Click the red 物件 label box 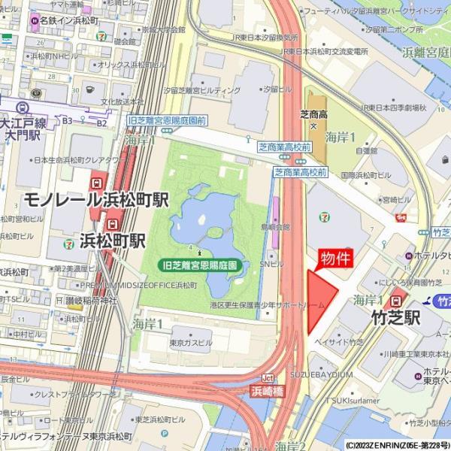[x=336, y=259]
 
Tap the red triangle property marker [x=320, y=300]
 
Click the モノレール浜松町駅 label [x=96, y=200]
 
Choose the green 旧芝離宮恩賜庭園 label [x=200, y=265]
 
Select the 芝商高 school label [x=313, y=114]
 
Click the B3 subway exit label [x=67, y=120]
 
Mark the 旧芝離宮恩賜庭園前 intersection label [x=167, y=120]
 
